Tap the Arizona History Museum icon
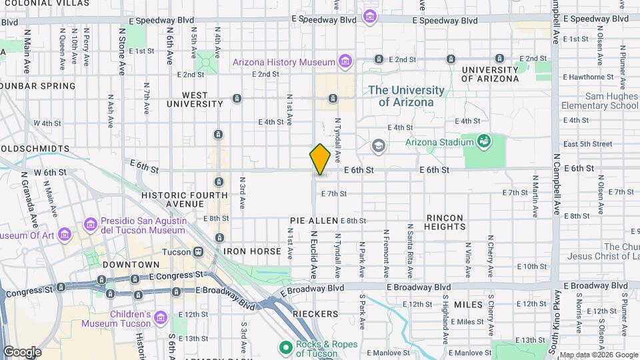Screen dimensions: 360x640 pyautogui.click(x=345, y=62)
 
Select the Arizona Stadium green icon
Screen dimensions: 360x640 pyautogui.click(x=484, y=141)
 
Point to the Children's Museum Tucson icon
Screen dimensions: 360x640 pyautogui.click(x=161, y=318)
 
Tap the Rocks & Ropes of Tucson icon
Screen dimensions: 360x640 pyautogui.click(x=285, y=348)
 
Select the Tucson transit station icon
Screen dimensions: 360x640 pyautogui.click(x=198, y=252)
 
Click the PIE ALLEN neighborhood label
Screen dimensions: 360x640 pyautogui.click(x=314, y=220)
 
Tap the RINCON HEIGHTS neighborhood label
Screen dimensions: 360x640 pyautogui.click(x=445, y=223)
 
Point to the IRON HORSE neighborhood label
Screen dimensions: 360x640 pyautogui.click(x=253, y=251)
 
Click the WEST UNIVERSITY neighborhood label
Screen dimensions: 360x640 pyautogui.click(x=194, y=99)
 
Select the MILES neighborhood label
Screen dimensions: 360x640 pyautogui.click(x=468, y=305)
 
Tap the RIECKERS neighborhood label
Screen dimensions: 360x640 pyautogui.click(x=315, y=313)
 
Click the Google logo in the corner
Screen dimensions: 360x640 pyautogui.click(x=22, y=351)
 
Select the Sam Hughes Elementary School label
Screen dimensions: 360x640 pyautogui.click(x=599, y=101)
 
